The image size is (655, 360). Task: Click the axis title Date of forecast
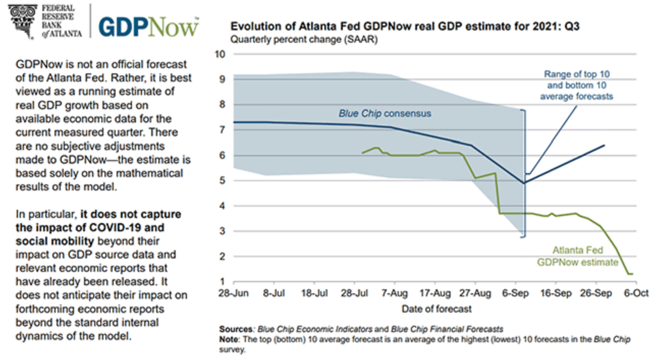tap(436, 309)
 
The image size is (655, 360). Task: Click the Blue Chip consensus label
tap(385, 114)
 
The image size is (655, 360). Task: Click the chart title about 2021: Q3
tap(405, 26)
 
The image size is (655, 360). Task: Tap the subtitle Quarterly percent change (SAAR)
tap(304, 39)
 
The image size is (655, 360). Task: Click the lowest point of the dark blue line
tap(524, 183)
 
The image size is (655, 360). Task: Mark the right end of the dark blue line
tap(604, 145)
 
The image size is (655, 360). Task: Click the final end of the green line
tap(633, 274)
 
